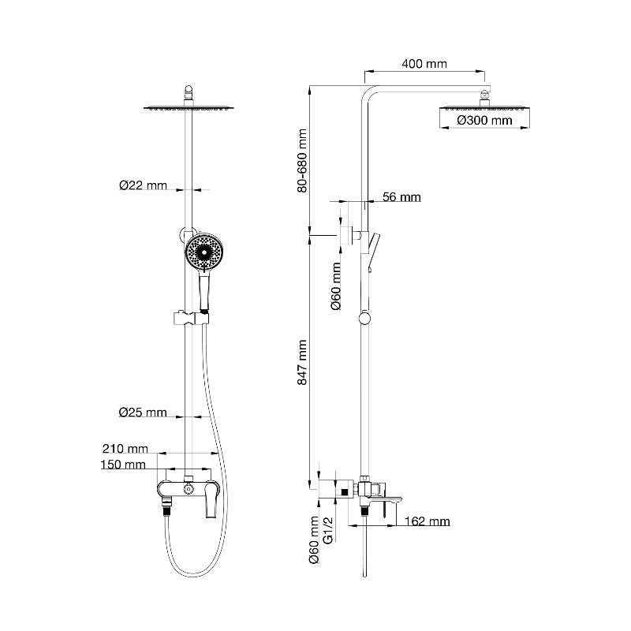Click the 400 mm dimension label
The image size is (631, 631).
point(424,64)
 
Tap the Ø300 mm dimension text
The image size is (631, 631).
point(484,120)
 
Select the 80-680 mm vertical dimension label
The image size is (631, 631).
point(302,161)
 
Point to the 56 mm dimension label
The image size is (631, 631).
point(401,196)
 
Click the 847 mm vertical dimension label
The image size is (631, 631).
point(302,362)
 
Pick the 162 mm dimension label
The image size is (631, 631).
point(427,521)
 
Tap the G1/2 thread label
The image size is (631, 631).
point(329,530)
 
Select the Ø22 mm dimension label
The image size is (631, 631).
point(143,185)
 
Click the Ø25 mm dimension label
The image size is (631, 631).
point(143,412)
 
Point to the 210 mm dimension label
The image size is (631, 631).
point(125,448)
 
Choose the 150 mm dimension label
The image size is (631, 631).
point(123,465)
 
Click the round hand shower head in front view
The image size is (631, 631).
point(203,252)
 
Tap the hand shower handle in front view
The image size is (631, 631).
point(205,290)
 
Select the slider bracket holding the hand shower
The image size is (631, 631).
point(191,319)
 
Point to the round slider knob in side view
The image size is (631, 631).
point(364,319)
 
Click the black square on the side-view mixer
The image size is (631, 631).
point(345,491)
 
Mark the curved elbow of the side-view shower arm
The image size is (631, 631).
point(368,92)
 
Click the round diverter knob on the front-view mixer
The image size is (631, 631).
point(189,489)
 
